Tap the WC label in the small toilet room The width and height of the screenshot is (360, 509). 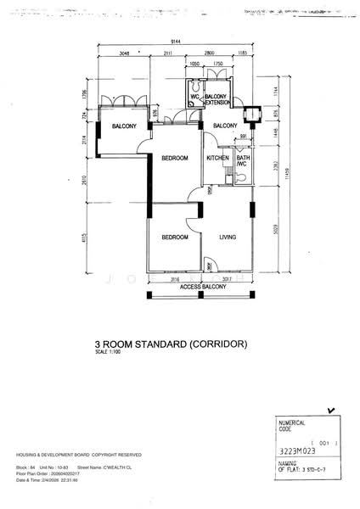point(194,98)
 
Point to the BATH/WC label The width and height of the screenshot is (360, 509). point(243,161)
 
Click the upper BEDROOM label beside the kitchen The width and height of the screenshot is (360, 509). point(175,159)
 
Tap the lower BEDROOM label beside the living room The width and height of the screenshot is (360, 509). point(175,237)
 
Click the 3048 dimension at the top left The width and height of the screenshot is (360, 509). point(124,53)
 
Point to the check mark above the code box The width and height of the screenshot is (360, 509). point(330,410)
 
